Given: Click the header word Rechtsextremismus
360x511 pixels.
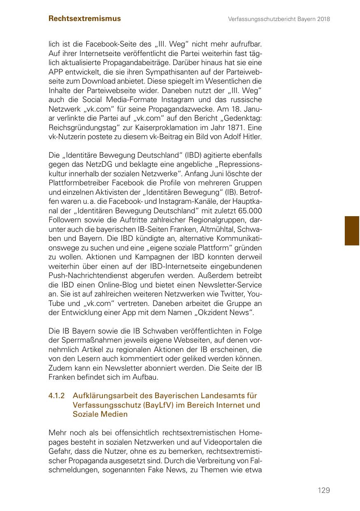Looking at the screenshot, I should pos(85,19).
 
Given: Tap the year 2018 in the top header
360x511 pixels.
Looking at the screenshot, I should pos(323,19).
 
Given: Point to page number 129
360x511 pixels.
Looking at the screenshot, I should pos(324,490).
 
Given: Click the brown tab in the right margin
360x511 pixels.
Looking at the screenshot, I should pos(352,231).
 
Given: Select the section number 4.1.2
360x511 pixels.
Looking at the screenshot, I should pos(57,396).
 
